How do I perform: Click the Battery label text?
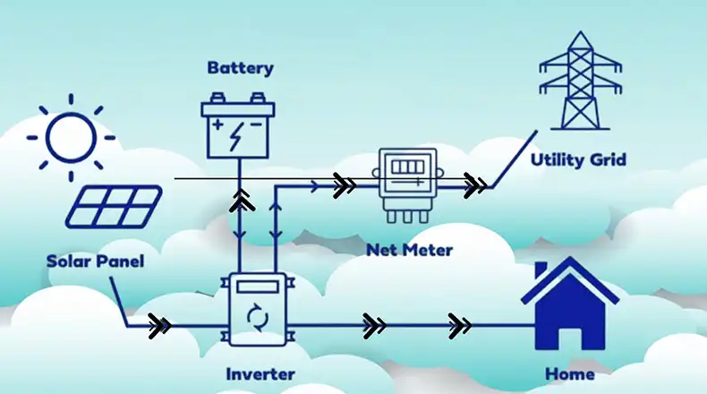coord(240,68)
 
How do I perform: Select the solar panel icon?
coord(114,206)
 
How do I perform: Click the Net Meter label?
coord(409,250)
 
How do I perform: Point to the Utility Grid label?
coord(578,160)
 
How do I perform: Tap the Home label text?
coord(569,372)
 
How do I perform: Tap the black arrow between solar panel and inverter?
coord(160,325)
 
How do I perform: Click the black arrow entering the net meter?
coord(345,186)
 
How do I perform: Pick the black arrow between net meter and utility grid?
coord(476,186)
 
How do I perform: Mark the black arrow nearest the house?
coord(460,324)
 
